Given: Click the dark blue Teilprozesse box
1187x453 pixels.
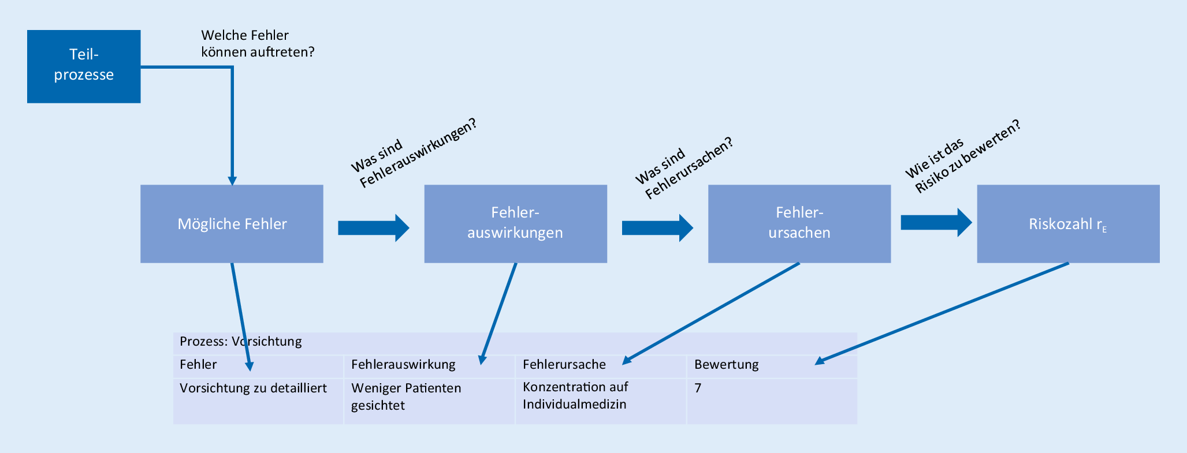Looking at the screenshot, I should pos(84,66).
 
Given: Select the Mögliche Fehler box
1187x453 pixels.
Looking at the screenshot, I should pos(232,224).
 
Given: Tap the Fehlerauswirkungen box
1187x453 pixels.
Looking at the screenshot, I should pos(515,224).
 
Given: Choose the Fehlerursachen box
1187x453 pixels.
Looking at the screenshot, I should pos(799,224).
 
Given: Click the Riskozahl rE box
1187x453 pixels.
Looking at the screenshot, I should pos(1068,224).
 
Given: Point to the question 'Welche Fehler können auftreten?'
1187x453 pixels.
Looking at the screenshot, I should pos(257,44).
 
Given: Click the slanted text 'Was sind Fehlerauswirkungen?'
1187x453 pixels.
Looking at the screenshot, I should pos(415,154).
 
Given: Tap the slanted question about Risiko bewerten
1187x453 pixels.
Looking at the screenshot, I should pos(962,157).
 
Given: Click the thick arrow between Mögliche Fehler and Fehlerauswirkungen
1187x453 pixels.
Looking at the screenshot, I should pos(373,228).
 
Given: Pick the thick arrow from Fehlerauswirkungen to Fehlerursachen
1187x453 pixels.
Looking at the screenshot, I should pos(657,228).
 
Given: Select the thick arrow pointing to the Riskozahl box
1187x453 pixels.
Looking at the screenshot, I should pos(936,222).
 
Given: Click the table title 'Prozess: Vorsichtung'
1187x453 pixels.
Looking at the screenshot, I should pos(240,342).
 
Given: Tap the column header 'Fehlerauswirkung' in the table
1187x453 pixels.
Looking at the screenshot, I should pos(403,365).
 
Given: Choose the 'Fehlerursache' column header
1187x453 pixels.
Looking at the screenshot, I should pos(564,365).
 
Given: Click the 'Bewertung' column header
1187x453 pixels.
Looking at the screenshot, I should pos(726,365).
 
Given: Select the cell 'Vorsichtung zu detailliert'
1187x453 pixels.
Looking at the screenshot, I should pos(253,388).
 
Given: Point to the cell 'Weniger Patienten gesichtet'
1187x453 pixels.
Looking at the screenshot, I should pos(405,396).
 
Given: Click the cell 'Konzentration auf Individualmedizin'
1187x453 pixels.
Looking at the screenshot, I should pos(575,395).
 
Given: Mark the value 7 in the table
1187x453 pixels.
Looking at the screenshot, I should pos(698,388).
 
